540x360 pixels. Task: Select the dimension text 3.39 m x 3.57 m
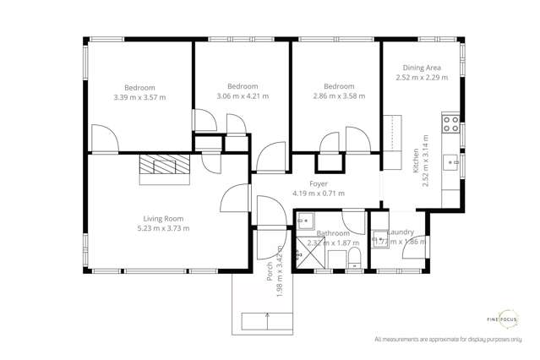[x=140, y=97]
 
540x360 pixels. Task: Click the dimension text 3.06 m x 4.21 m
[x=242, y=96]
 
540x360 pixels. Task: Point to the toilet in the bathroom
[x=355, y=256]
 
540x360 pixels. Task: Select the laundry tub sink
[x=380, y=240]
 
